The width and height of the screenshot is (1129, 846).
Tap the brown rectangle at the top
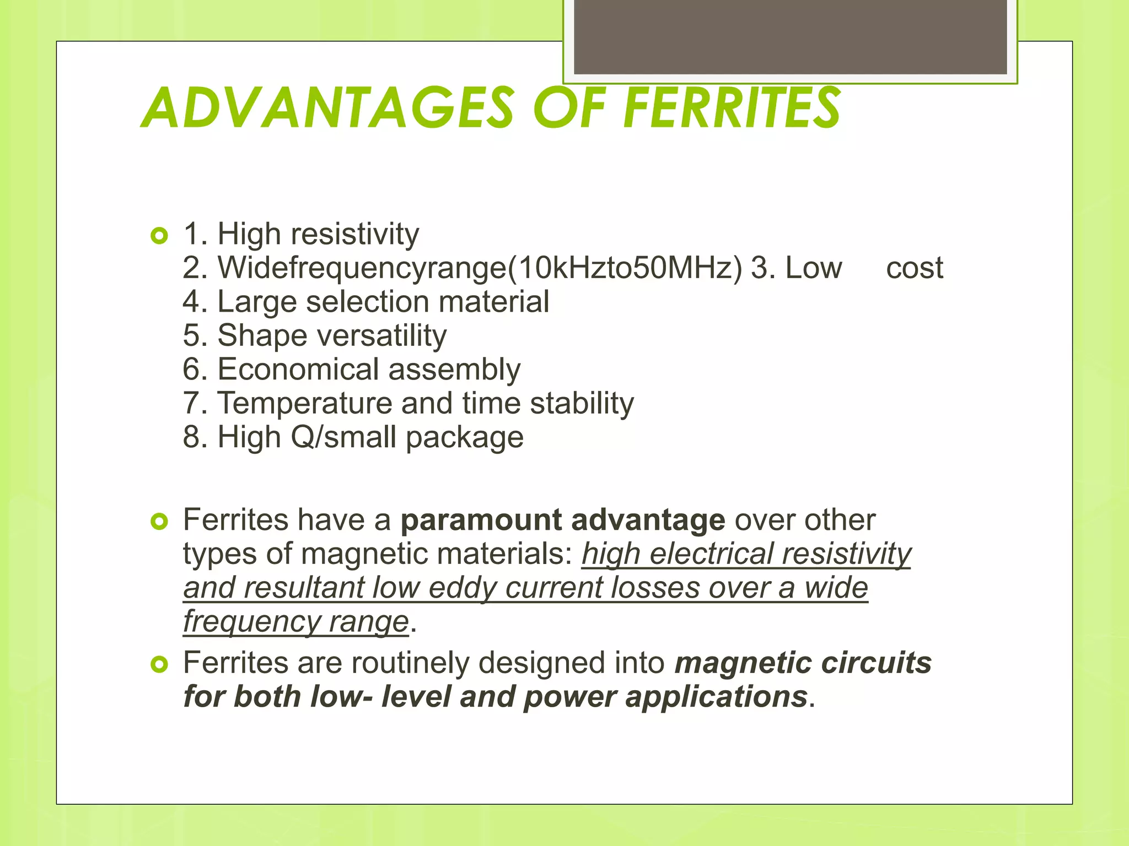(x=790, y=36)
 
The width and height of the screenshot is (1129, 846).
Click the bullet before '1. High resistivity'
(x=159, y=237)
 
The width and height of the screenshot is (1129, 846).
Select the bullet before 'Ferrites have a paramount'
(x=159, y=522)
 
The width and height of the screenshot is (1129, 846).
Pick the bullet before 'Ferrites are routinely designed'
(x=159, y=665)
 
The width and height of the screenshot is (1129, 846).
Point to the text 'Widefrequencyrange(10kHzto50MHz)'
(x=480, y=268)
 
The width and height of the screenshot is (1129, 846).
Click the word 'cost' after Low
(x=914, y=268)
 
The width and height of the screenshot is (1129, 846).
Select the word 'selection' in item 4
(x=367, y=302)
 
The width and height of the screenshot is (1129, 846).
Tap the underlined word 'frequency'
(x=251, y=622)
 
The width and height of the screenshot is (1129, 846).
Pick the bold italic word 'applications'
(x=716, y=697)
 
